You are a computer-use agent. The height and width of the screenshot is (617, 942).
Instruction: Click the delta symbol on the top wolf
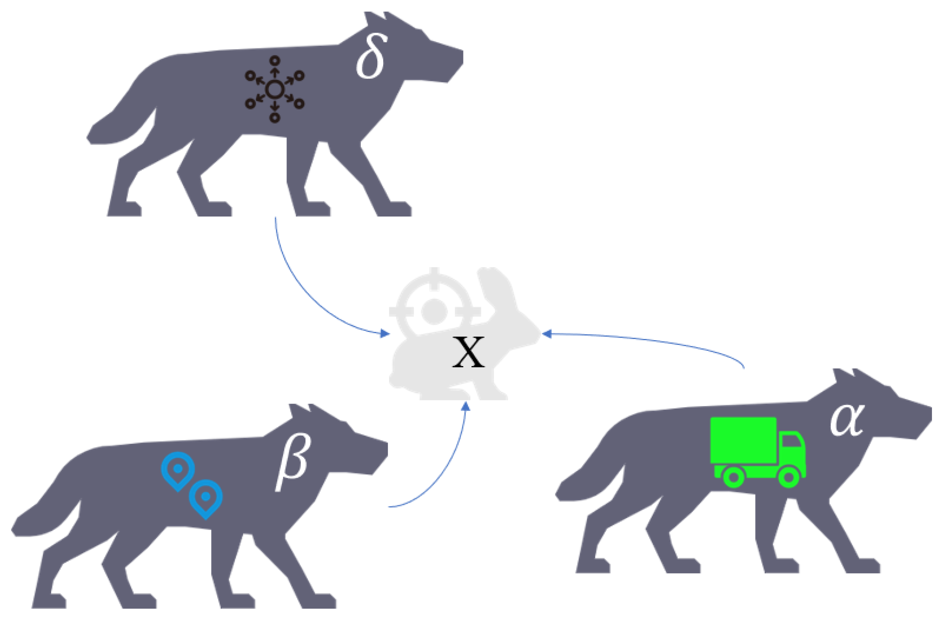[x=371, y=57]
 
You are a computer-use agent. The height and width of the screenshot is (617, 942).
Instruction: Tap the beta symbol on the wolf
[x=292, y=463]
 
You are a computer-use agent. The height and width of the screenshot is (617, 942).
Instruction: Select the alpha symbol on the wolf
[x=847, y=420]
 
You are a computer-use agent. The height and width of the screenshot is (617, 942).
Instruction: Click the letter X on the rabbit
[x=468, y=352]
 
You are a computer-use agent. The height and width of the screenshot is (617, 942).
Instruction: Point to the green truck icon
[x=758, y=451]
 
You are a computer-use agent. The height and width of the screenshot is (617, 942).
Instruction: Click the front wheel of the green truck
[x=789, y=477]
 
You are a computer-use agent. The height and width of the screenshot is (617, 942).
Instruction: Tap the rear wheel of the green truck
[x=734, y=477]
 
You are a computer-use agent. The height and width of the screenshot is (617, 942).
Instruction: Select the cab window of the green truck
[x=791, y=441]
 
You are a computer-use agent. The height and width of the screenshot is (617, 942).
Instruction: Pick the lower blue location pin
[x=205, y=497]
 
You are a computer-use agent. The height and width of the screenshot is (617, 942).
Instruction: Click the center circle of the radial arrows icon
[x=275, y=89]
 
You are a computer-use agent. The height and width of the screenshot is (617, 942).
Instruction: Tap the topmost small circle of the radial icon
[x=275, y=60]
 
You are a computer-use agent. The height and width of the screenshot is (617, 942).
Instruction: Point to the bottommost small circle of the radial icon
[x=275, y=118]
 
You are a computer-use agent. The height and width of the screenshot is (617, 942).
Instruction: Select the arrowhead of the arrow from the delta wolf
[x=384, y=333]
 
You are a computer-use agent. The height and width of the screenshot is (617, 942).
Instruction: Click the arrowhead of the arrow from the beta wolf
[x=466, y=406]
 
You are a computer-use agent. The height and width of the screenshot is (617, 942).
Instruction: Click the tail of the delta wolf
[x=119, y=123]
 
